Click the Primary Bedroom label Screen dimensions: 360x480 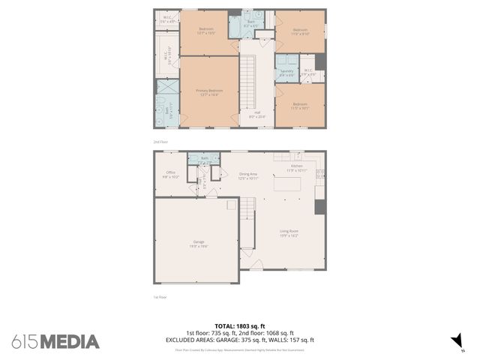(x=211, y=91)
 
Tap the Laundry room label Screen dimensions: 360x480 (x=286, y=73)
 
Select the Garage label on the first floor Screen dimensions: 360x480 (x=198, y=243)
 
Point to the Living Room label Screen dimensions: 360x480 (x=289, y=233)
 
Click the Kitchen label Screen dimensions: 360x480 (x=296, y=167)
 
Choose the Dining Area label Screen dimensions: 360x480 (x=248, y=176)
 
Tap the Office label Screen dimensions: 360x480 (x=170, y=174)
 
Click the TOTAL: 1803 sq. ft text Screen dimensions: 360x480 (x=240, y=325)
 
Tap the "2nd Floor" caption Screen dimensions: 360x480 (x=160, y=140)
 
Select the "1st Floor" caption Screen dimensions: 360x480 (x=160, y=296)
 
